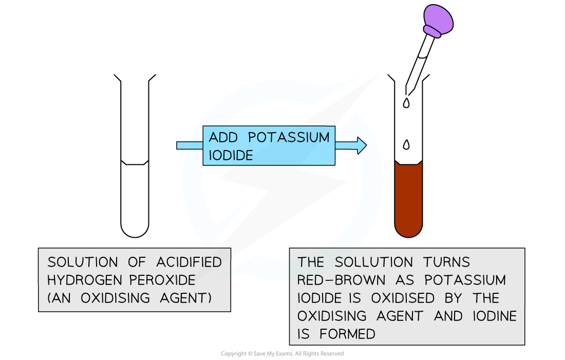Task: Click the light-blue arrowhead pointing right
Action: (361, 146)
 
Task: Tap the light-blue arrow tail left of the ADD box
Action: (190, 146)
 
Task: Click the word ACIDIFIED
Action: (190, 262)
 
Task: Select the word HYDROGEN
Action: (84, 280)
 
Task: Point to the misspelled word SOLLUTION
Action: (373, 262)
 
